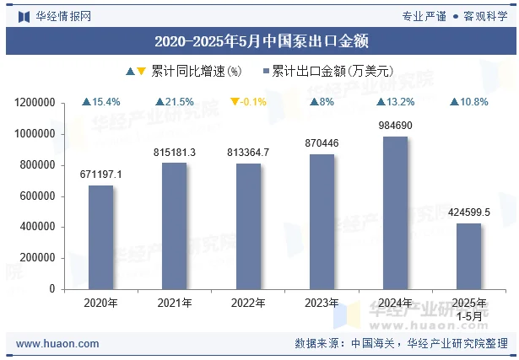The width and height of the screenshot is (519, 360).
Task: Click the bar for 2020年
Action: point(100,237)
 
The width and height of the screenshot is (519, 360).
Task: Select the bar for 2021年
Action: point(174,226)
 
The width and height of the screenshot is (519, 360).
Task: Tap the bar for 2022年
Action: point(248,226)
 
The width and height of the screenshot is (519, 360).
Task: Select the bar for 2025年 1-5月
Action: point(469,256)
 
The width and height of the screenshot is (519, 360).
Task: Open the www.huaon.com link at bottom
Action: point(57,344)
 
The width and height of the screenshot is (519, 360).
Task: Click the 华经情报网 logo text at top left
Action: point(62,16)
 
